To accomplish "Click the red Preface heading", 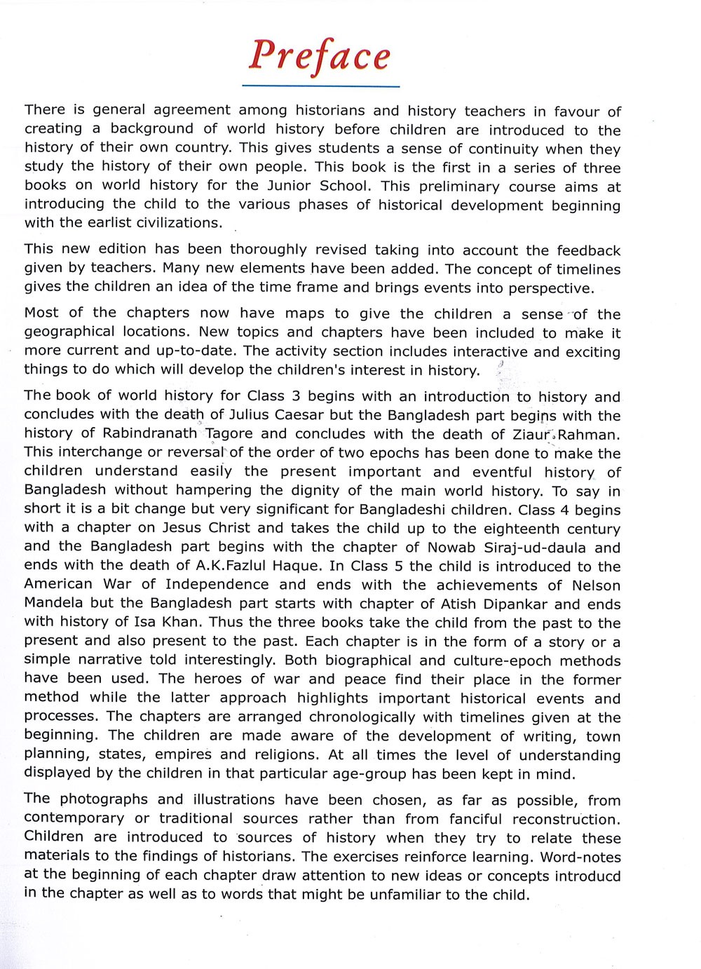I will (x=320, y=56).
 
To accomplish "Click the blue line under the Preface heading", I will (x=320, y=86).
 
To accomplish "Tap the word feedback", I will (x=589, y=250).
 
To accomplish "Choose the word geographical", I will (x=69, y=332).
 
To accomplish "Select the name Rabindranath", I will (x=149, y=433).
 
